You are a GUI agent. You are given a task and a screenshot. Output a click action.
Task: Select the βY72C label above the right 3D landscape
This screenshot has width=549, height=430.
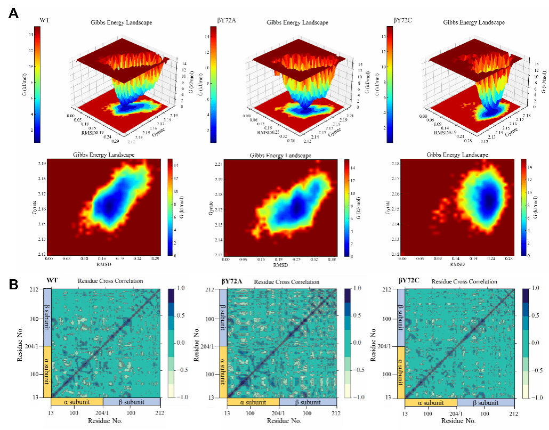[403, 20]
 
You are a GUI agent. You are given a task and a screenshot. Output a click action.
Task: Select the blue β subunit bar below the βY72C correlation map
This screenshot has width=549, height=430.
[485, 403]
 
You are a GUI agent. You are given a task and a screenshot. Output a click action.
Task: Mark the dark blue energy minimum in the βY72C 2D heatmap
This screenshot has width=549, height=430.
[487, 201]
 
